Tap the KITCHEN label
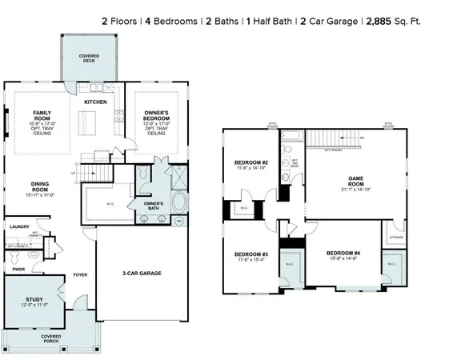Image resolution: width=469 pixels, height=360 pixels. [96, 102]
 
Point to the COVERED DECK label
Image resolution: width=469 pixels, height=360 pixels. [89, 58]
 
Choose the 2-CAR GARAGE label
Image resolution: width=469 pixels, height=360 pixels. [144, 274]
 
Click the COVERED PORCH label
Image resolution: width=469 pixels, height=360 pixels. [50, 339]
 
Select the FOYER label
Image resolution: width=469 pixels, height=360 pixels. [80, 274]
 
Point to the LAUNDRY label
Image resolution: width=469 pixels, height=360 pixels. [19, 227]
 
